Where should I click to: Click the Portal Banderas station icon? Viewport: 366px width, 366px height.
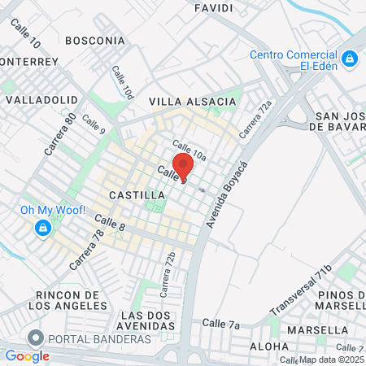pyautogui.click(x=35, y=338)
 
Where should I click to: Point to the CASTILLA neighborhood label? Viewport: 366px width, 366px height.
pyautogui.click(x=137, y=196)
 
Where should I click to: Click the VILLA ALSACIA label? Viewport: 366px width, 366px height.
pyautogui.click(x=193, y=102)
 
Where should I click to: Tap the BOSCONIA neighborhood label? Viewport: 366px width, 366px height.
pyautogui.click(x=95, y=40)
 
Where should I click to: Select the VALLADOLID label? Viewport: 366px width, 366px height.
pyautogui.click(x=41, y=99)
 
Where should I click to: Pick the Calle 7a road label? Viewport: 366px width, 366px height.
pyautogui.click(x=222, y=325)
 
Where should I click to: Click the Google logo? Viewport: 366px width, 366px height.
pyautogui.click(x=27, y=355)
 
